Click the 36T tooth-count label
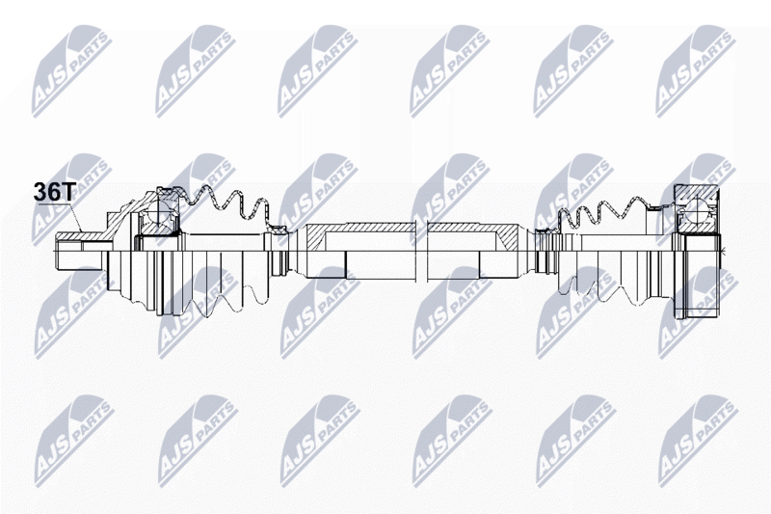pyautogui.click(x=53, y=191)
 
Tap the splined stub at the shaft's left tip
pyautogui.click(x=79, y=251)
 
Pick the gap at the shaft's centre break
pyautogui.click(x=422, y=251)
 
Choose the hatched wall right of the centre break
pyautogui.click(x=473, y=229)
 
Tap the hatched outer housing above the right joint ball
pyautogui.click(x=695, y=194)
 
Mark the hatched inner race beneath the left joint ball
pyautogui.click(x=156, y=229)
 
